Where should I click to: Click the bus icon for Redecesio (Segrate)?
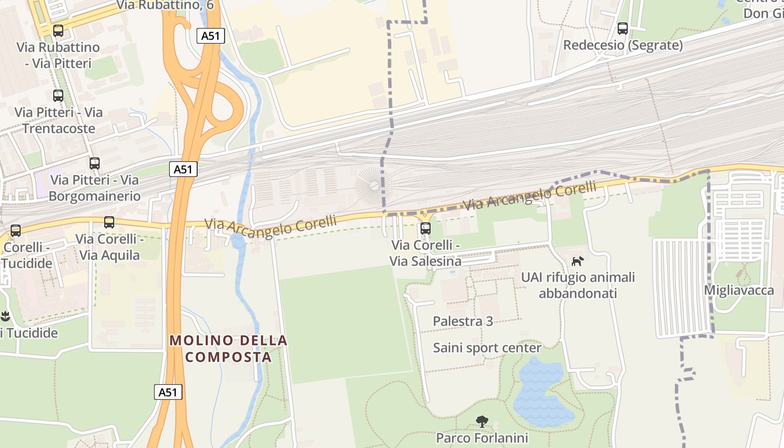pos(622,29)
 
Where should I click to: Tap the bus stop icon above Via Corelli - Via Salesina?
pos(425,228)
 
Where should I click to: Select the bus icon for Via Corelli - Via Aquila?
pos(109,222)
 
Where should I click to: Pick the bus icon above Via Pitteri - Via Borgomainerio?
pos(95,164)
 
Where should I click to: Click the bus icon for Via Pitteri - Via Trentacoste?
pos(58,96)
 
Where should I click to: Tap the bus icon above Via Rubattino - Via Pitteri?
pos(58,31)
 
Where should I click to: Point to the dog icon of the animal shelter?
pos(577,261)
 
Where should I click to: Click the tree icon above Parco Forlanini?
pos(482,422)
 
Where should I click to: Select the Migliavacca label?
pos(739,290)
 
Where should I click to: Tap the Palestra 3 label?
pos(463,321)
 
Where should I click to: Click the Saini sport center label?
pos(487,348)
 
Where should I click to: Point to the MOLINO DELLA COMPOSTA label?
pos(228,348)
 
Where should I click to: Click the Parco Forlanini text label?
pos(482,437)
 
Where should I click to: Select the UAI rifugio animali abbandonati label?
pos(578,285)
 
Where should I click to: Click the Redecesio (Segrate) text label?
pos(623,45)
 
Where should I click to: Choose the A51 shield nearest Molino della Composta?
pos(168,392)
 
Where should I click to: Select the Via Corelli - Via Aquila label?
pos(109,247)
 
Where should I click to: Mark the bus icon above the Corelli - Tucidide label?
pos(16,231)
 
